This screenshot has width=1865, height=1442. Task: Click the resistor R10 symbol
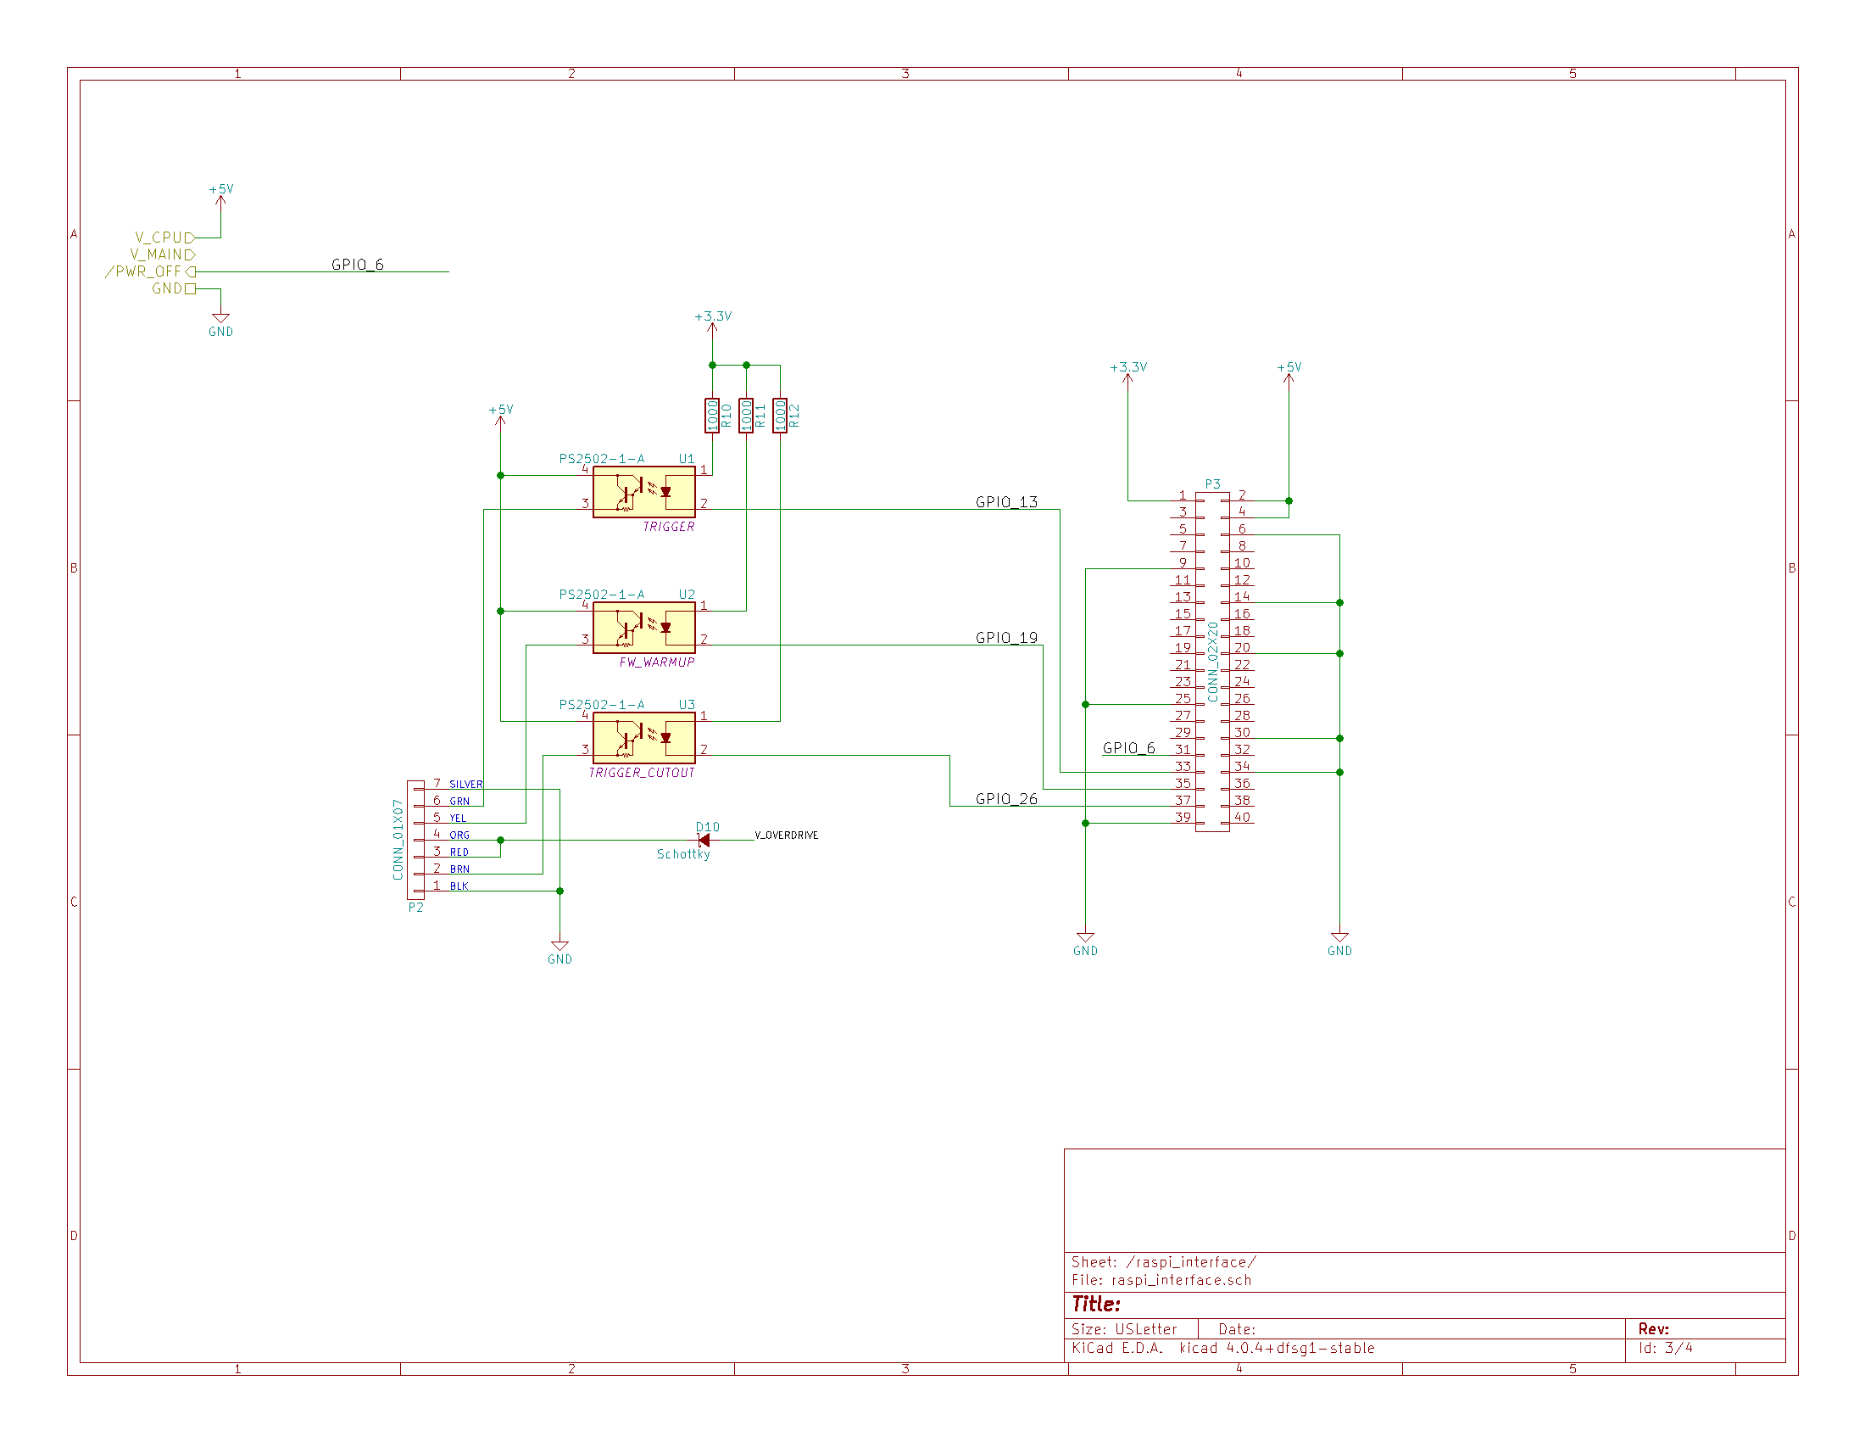pyautogui.click(x=711, y=416)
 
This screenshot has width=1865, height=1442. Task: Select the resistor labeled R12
pyautogui.click(x=780, y=416)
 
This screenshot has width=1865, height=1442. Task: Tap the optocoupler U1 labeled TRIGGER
pyautogui.click(x=644, y=492)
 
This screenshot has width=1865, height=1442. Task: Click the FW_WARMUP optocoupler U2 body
pyautogui.click(x=644, y=628)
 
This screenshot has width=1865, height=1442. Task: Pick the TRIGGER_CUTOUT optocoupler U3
pyautogui.click(x=644, y=738)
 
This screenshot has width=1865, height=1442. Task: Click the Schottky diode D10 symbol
pyautogui.click(x=704, y=841)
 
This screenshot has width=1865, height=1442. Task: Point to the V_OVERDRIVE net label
pyautogui.click(x=787, y=836)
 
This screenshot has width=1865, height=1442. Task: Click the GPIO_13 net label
pyautogui.click(x=1007, y=502)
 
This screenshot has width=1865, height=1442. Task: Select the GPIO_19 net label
pyautogui.click(x=1007, y=638)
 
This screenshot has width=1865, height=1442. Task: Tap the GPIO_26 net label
pyautogui.click(x=1007, y=799)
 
